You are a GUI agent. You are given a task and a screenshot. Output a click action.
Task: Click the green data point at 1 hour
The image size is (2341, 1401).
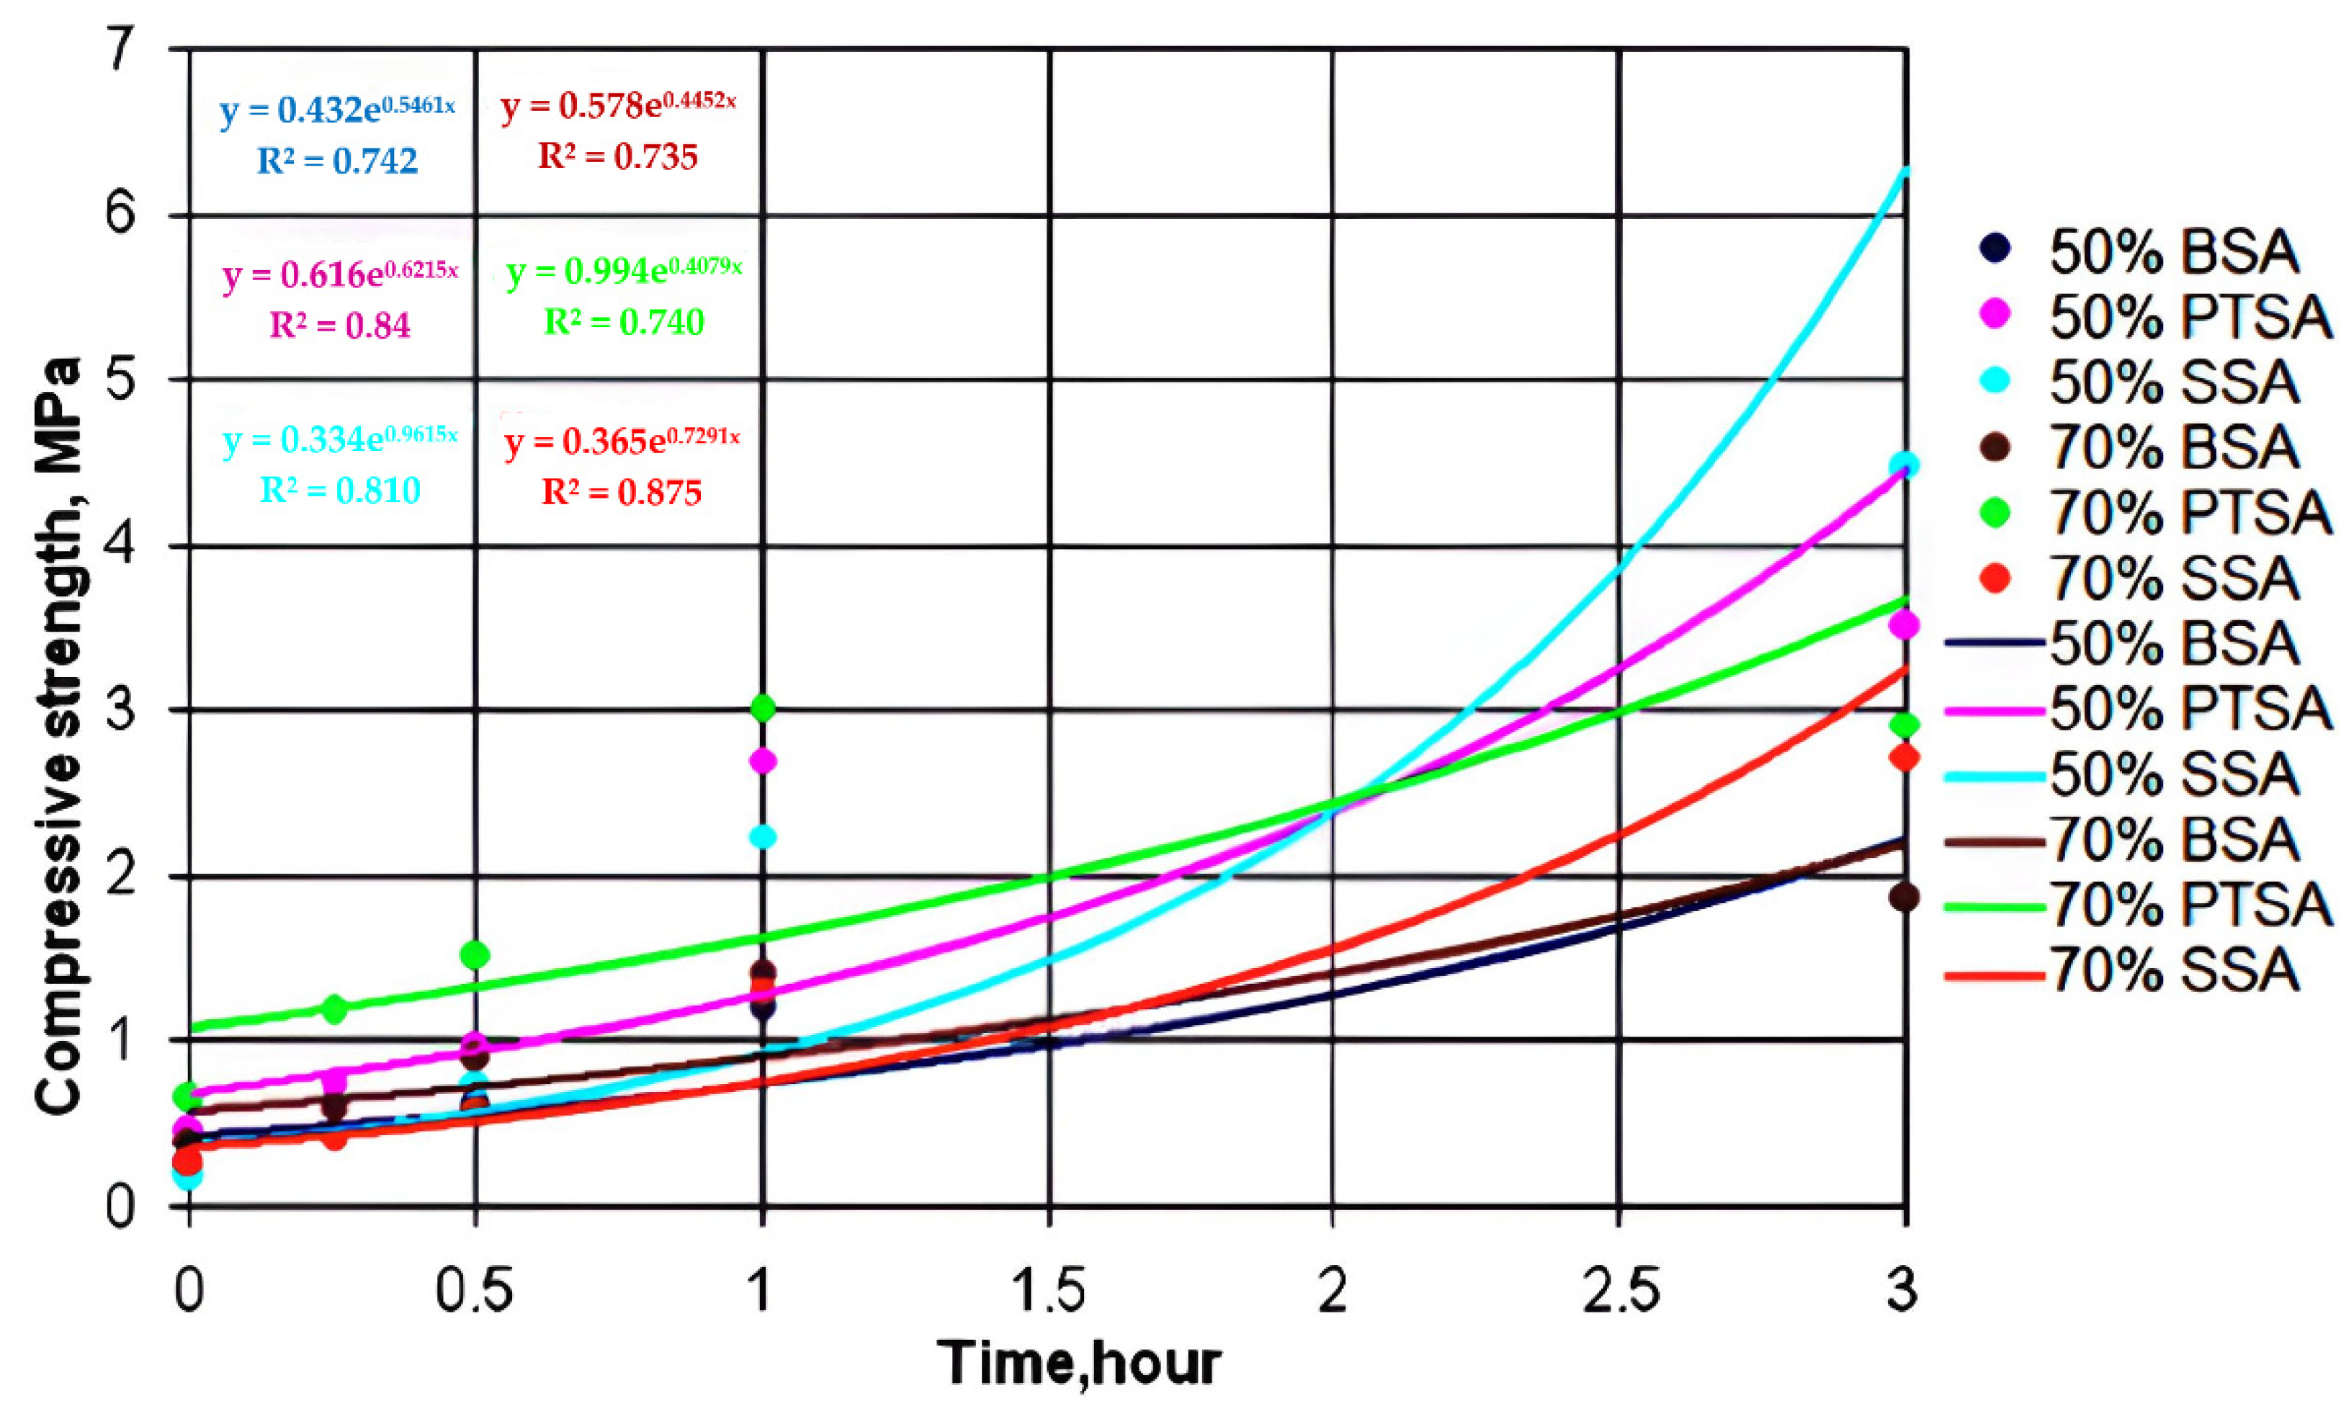tap(763, 707)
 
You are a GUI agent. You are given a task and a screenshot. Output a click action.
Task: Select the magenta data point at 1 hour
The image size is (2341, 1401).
tap(763, 761)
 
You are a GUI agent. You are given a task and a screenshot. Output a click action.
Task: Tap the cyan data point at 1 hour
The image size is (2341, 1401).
tap(763, 836)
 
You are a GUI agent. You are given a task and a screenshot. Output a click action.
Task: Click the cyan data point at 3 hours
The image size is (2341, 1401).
tap(1906, 465)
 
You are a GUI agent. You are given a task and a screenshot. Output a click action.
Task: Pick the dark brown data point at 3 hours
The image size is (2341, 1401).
tap(1905, 898)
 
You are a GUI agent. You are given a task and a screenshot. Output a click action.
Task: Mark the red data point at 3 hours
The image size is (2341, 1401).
tap(1905, 757)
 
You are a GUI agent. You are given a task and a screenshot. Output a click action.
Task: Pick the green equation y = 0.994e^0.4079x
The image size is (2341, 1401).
tap(624, 272)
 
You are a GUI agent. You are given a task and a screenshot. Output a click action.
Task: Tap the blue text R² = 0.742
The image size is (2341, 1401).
tap(337, 161)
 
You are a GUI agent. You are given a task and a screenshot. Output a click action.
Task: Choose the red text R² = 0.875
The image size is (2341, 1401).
tap(621, 492)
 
